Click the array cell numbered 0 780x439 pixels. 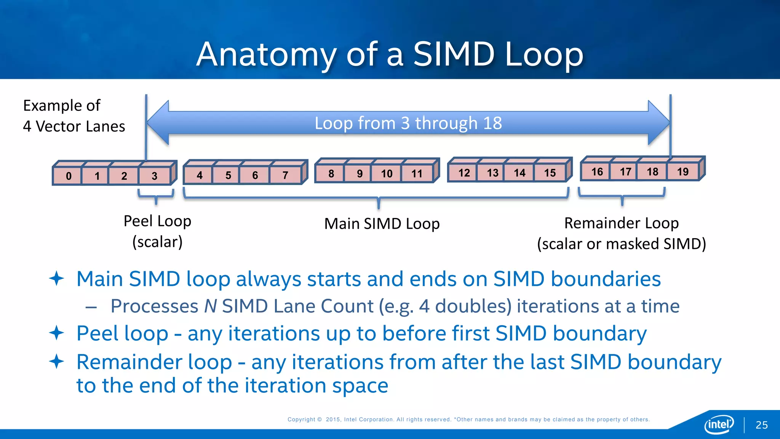68,176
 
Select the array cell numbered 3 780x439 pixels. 154,176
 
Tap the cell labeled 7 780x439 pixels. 285,175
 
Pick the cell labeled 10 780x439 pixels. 387,174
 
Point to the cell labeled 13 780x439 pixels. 492,173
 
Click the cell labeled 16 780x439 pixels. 597,172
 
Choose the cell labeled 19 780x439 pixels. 682,172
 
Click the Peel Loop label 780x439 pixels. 157,221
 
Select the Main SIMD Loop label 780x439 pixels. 382,224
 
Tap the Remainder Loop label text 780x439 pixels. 621,223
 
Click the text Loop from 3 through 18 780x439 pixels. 408,123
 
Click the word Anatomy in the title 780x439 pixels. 266,54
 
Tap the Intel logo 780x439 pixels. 719,424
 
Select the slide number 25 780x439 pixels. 761,425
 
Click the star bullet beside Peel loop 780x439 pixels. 56,333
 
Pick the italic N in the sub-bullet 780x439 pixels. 210,306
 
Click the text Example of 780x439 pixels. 62,106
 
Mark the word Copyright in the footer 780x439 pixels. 301,419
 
